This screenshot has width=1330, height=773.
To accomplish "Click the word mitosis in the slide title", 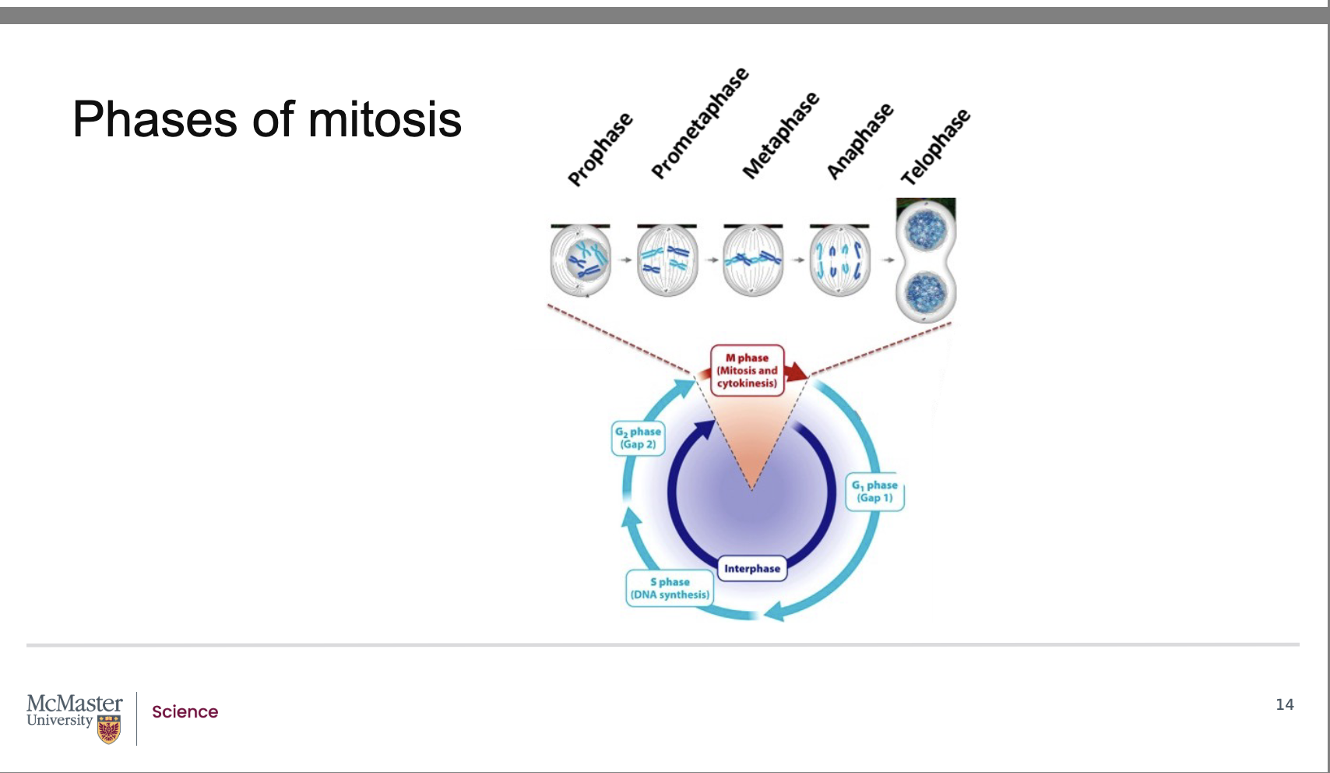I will pyautogui.click(x=385, y=120).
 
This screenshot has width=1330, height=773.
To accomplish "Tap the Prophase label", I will pyautogui.click(x=600, y=150).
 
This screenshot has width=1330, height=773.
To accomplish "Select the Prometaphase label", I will pyautogui.click(x=699, y=123).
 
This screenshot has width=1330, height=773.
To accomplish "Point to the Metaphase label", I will pyautogui.click(x=780, y=136).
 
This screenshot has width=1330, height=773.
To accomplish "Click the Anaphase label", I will pyautogui.click(x=860, y=141).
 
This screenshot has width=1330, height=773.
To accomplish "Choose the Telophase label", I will pyautogui.click(x=935, y=147).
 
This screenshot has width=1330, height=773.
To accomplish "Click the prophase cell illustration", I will pyautogui.click(x=580, y=260).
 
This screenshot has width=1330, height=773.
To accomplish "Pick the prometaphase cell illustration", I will pyautogui.click(x=667, y=260).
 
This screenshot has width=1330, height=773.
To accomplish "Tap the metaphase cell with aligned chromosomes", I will pyautogui.click(x=753, y=260).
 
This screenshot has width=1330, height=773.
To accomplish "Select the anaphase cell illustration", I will pyautogui.click(x=839, y=260).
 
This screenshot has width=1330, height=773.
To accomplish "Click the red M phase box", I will pyautogui.click(x=747, y=370).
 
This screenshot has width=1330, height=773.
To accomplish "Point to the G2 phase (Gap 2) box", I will pyautogui.click(x=638, y=438).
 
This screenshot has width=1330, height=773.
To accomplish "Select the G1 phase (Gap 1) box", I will pyautogui.click(x=874, y=492).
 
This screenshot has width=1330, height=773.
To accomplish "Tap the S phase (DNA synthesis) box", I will pyautogui.click(x=670, y=588).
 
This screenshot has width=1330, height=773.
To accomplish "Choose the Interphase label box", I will pyautogui.click(x=751, y=568).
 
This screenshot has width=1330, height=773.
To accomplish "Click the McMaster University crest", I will pyautogui.click(x=109, y=729).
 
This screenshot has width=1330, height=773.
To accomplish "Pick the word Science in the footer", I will pyautogui.click(x=185, y=711).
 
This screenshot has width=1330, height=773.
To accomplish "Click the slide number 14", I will pyautogui.click(x=1284, y=704).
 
